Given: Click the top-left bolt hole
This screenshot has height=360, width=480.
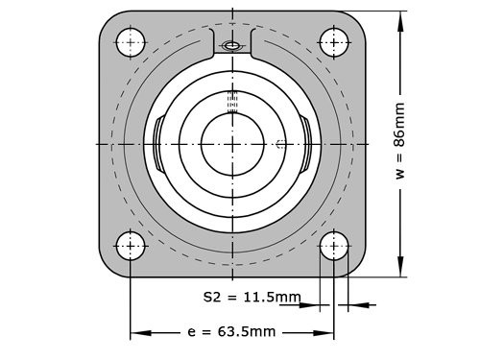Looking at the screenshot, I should [x=131, y=41].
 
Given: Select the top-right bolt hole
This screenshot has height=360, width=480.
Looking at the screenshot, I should [x=334, y=41].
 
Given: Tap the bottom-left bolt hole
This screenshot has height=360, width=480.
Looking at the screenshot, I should [x=131, y=246].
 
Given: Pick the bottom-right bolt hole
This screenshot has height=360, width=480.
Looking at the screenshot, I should [x=334, y=246].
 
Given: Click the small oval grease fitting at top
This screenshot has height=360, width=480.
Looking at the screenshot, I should [x=231, y=46].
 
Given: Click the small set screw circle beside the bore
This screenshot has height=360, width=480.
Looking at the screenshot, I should [x=279, y=145].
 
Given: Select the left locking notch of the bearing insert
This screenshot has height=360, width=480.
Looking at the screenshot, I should [x=156, y=144].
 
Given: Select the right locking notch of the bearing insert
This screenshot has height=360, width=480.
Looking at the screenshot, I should [x=306, y=144].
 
